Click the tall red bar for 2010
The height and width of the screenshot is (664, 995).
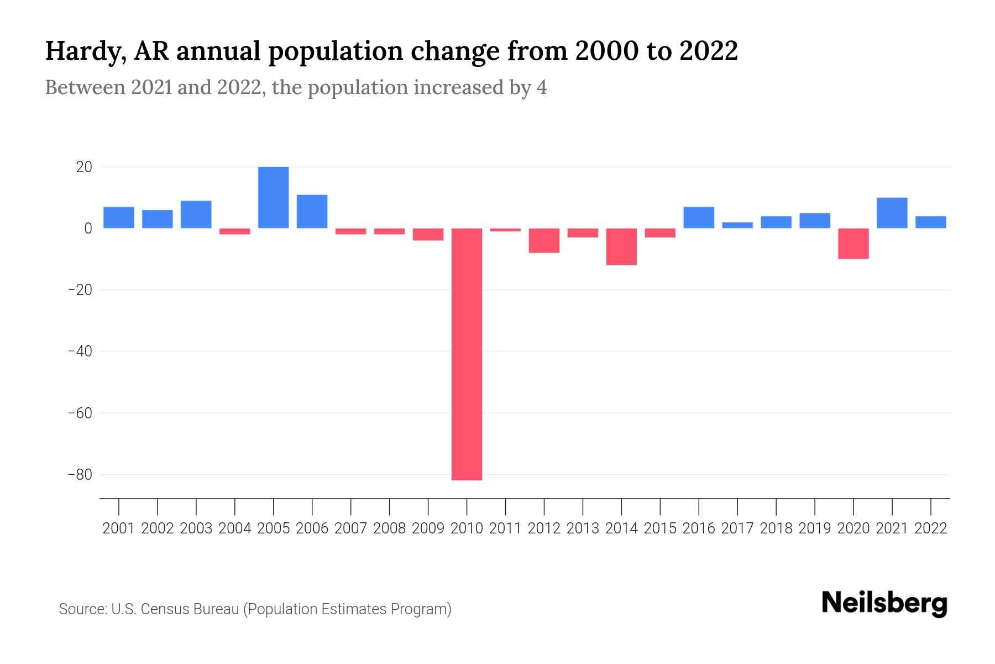coord(467,354)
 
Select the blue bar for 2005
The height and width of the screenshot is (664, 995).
coord(273,198)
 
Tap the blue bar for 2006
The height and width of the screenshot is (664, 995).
coord(312,211)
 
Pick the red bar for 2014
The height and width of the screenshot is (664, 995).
coord(621,247)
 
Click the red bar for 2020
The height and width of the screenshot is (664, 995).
coord(853,243)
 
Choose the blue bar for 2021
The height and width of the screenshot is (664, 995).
coord(892,213)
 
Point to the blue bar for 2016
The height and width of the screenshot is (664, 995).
coord(699,217)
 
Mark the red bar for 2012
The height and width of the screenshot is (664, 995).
coord(544,241)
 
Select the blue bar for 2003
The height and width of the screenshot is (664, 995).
coord(196,215)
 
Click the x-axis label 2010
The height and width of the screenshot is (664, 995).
coord(467,528)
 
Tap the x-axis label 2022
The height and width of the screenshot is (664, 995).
coord(931,528)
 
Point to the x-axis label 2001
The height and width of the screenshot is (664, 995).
coord(119,528)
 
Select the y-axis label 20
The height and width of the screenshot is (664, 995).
coord(84,167)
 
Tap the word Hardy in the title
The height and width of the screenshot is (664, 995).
coord(81,52)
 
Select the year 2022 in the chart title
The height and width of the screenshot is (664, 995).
coord(708,51)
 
